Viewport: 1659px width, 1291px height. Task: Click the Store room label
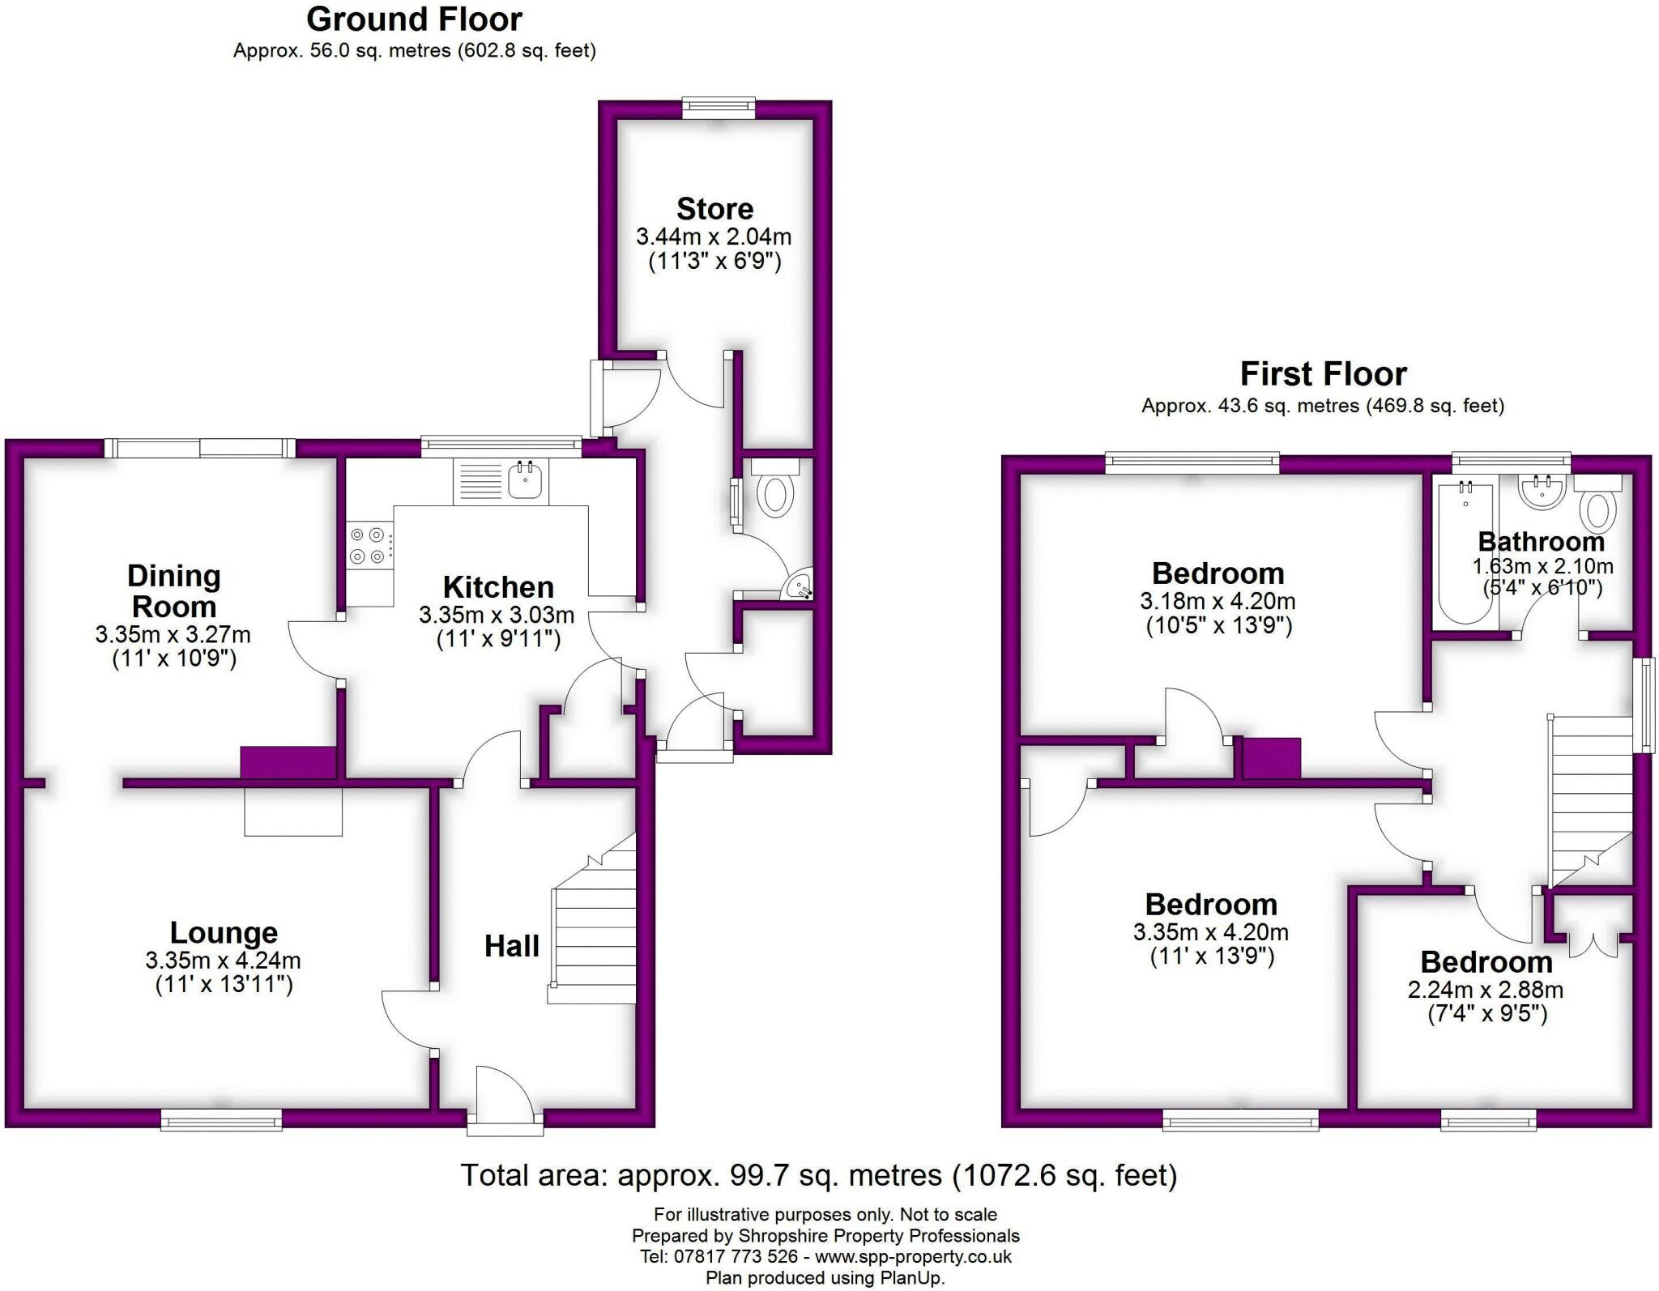[x=714, y=209]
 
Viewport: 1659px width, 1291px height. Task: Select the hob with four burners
[x=367, y=546]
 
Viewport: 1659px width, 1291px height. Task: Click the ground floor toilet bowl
[x=775, y=495]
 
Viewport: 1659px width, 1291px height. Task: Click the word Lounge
[x=224, y=933]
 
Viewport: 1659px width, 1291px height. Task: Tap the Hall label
[x=511, y=946]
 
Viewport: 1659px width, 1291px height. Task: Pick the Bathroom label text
[x=1541, y=541]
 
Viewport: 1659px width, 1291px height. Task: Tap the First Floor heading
[x=1323, y=374]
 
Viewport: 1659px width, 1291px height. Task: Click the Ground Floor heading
[x=414, y=19]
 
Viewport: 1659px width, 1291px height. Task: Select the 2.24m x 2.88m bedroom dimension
[x=1486, y=990]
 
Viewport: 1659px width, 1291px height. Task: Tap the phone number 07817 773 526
[x=735, y=1257]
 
